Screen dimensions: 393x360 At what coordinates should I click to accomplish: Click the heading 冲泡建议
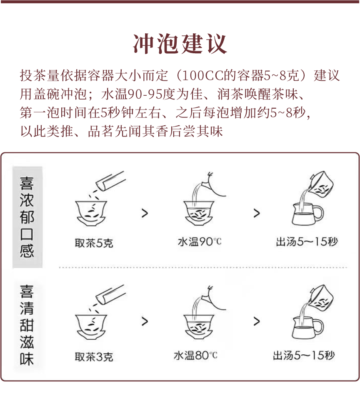180,43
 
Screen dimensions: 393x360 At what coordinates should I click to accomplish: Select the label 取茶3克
94,357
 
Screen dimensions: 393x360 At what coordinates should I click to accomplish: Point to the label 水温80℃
195,356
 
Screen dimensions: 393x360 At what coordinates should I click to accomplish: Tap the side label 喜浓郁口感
27,217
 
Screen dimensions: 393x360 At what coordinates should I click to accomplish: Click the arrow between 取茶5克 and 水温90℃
145,214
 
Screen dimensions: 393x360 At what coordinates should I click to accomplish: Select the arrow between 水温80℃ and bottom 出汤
256,321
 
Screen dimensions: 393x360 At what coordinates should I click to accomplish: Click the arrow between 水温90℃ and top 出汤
256,214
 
